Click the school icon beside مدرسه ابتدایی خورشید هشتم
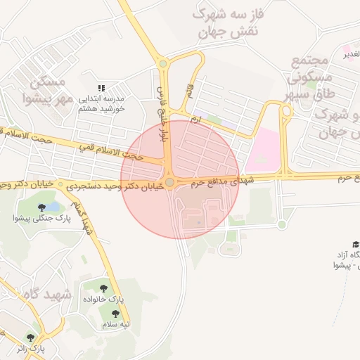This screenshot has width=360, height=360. [102, 87]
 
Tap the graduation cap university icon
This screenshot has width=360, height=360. [356, 243]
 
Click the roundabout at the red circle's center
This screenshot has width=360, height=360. [169, 182]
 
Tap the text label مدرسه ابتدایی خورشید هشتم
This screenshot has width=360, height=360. [101, 103]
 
